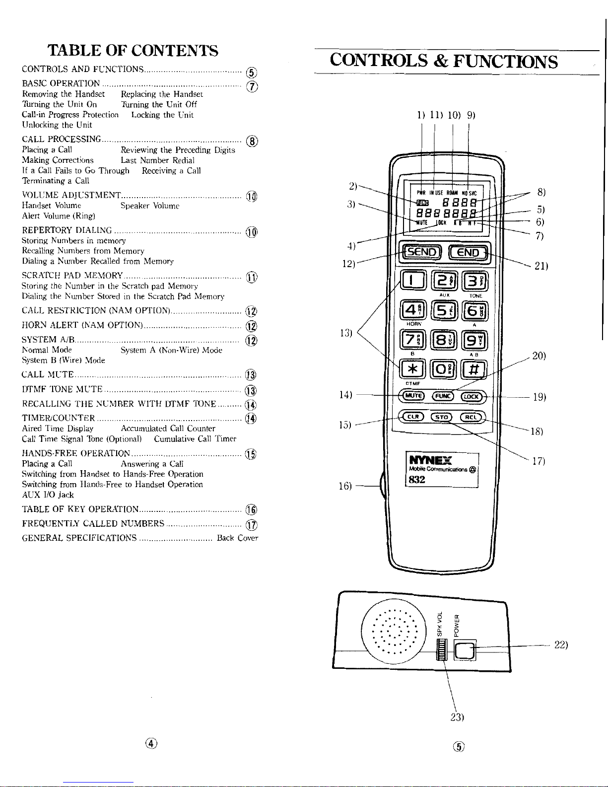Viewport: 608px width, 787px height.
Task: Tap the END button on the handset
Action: coord(469,253)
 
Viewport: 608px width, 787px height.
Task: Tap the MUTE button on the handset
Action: coord(412,396)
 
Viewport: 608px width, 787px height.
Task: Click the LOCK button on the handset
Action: coord(471,396)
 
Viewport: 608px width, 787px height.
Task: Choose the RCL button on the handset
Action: coord(471,417)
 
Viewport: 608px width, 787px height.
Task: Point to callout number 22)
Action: coord(561,645)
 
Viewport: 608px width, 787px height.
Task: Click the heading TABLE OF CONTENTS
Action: coord(133,51)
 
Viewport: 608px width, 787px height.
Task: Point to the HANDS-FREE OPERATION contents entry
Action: coord(76,454)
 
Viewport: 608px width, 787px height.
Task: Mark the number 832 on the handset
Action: coord(416,480)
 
